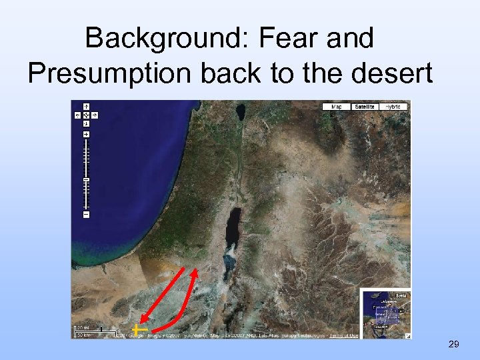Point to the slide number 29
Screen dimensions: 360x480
453,344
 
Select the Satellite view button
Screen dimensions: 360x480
364,107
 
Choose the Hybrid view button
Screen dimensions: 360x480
394,107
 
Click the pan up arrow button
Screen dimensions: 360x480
86,106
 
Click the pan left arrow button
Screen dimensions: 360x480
79,115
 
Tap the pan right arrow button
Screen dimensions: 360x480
94,115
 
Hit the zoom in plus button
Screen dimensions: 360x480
86,135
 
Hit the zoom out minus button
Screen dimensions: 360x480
86,215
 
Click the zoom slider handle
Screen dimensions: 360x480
86,181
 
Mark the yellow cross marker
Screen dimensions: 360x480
137,329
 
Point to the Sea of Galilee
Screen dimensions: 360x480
239,109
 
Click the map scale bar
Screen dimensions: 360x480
93,331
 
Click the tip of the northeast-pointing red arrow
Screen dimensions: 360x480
197,270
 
